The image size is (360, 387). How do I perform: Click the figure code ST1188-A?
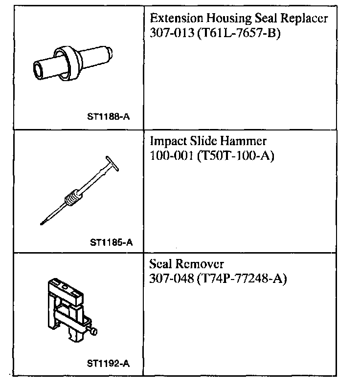pyautogui.click(x=111, y=117)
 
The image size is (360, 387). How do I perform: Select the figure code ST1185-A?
pyautogui.click(x=112, y=241)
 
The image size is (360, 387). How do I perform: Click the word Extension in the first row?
pyautogui.click(x=173, y=19)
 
